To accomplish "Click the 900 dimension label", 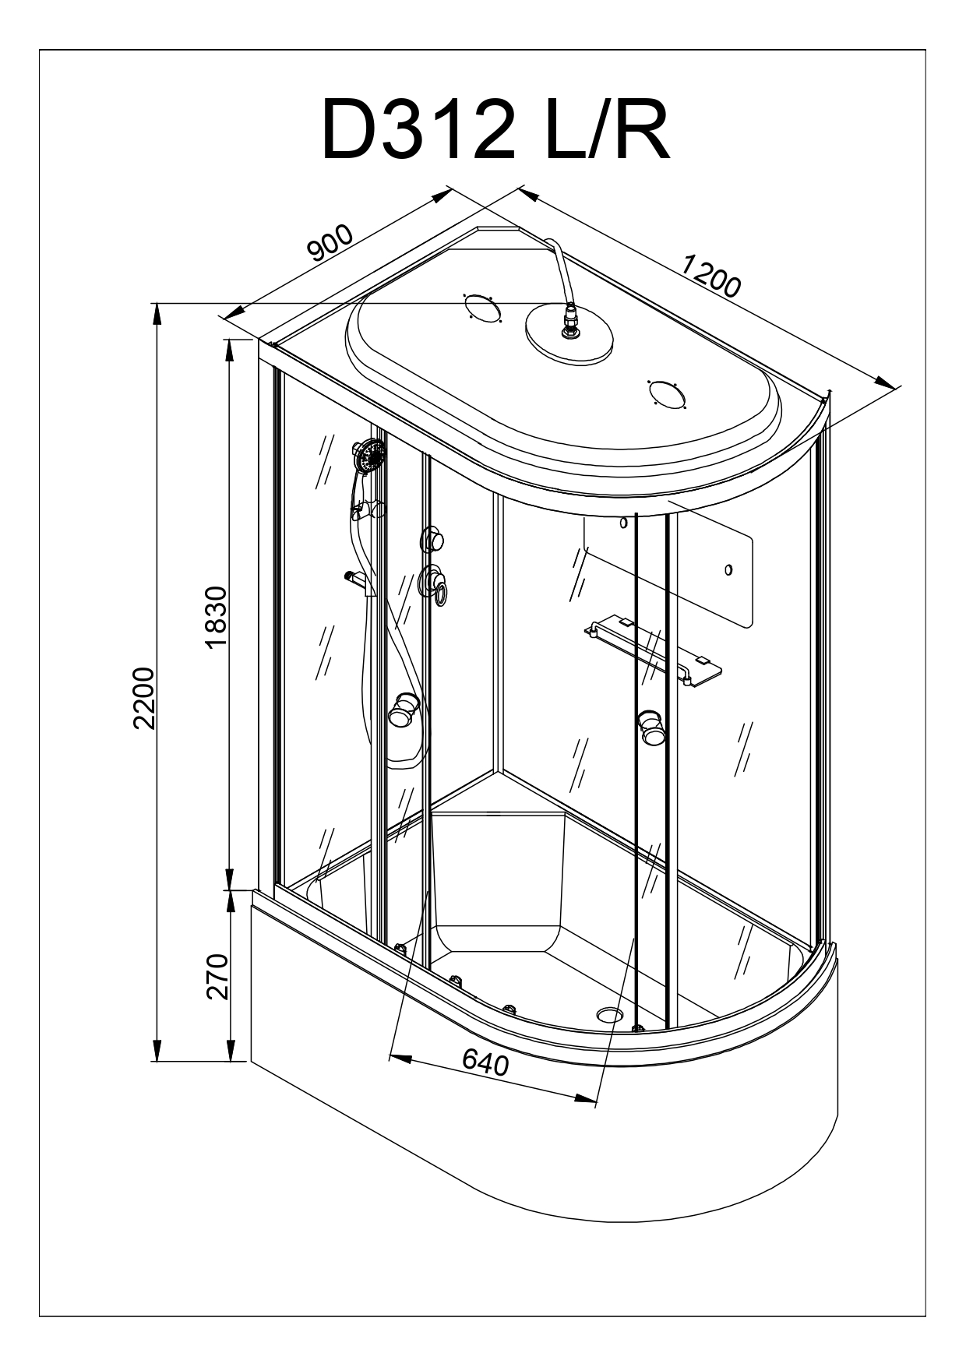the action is point(330,243).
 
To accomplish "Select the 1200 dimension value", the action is point(710,276).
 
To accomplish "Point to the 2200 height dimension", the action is point(145,697).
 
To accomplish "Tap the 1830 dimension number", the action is point(216,617).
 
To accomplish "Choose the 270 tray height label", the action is point(216,976).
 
